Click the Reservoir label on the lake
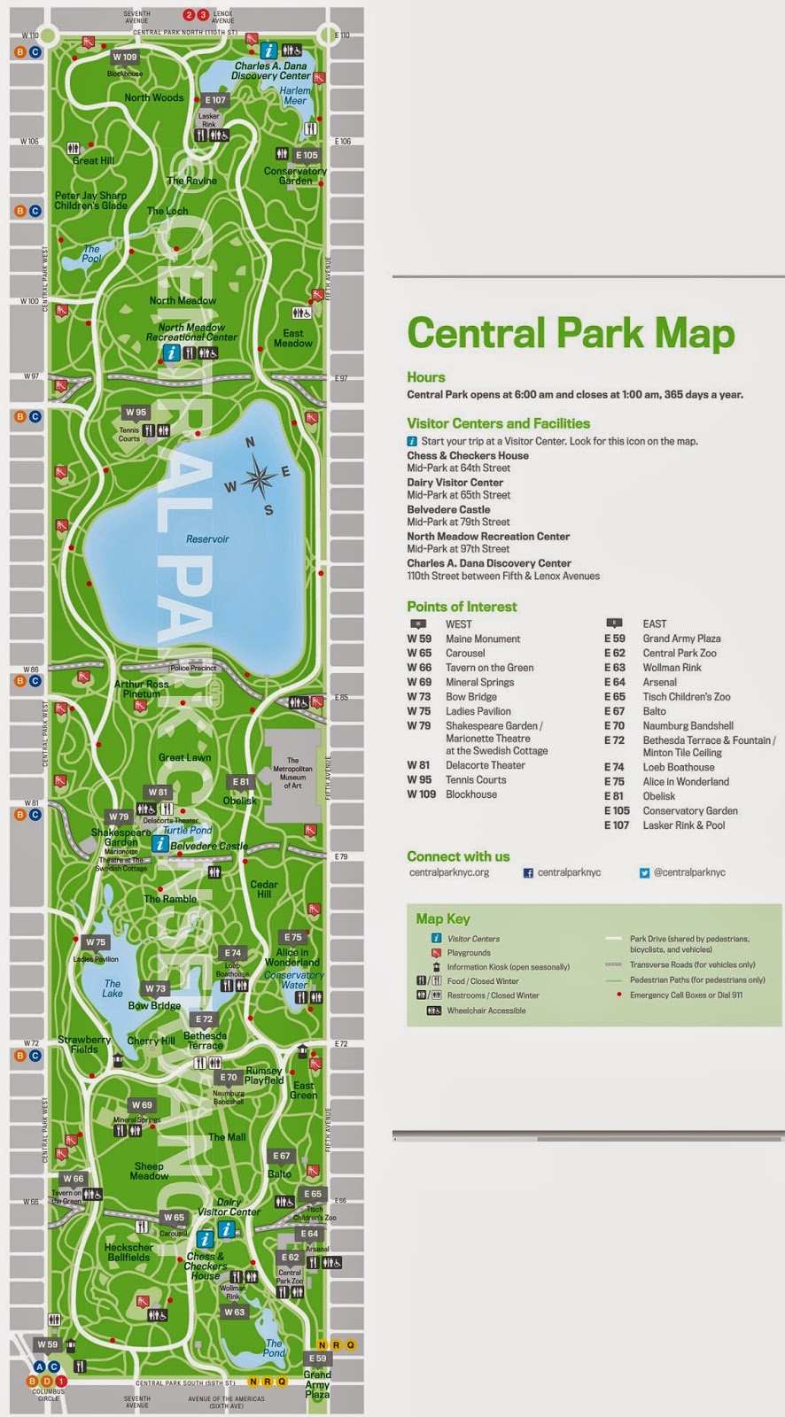coord(207,538)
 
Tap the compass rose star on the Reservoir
coord(258,477)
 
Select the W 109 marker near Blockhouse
coord(124,58)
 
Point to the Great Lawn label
coord(184,757)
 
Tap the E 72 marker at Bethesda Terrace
coord(204,1019)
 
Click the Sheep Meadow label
coord(149,1171)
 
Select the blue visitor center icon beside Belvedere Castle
coord(160,844)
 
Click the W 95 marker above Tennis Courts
coord(136,412)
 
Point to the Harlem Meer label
coord(295,96)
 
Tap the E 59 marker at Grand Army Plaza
coord(317,1358)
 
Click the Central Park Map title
coord(571,334)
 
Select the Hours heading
coord(426,377)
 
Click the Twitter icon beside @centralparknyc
coord(644,873)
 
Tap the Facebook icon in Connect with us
coord(528,873)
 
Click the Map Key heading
coord(443,918)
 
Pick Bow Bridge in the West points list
coord(471,697)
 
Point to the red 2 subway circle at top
coord(189,15)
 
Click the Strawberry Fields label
coord(84,1044)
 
